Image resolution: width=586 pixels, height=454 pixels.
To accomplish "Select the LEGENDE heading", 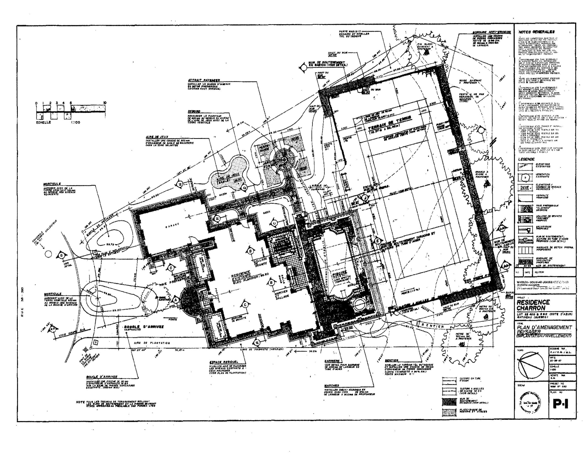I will [x=526, y=159].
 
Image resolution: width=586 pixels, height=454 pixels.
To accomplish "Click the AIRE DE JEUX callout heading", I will [x=157, y=137].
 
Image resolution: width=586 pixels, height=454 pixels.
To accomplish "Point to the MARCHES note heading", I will [x=332, y=385].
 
